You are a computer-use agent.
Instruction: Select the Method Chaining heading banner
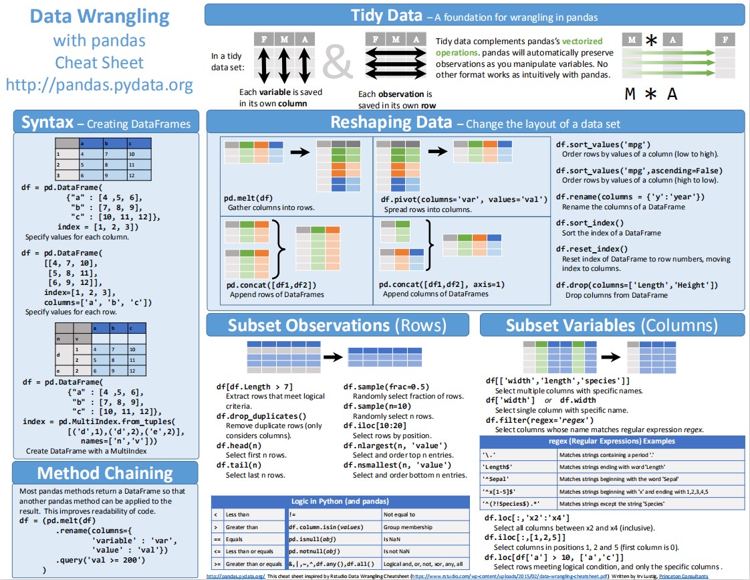click(x=106, y=473)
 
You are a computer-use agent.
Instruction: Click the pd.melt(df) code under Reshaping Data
click(x=249, y=198)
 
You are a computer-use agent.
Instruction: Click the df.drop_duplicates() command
click(x=261, y=415)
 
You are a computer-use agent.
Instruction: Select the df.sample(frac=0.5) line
click(x=386, y=387)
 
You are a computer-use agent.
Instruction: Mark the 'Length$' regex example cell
click(x=497, y=467)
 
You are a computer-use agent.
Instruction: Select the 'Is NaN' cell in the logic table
click(x=391, y=539)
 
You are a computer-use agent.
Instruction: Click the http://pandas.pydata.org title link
click(x=100, y=85)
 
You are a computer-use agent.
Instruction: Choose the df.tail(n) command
click(x=239, y=465)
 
